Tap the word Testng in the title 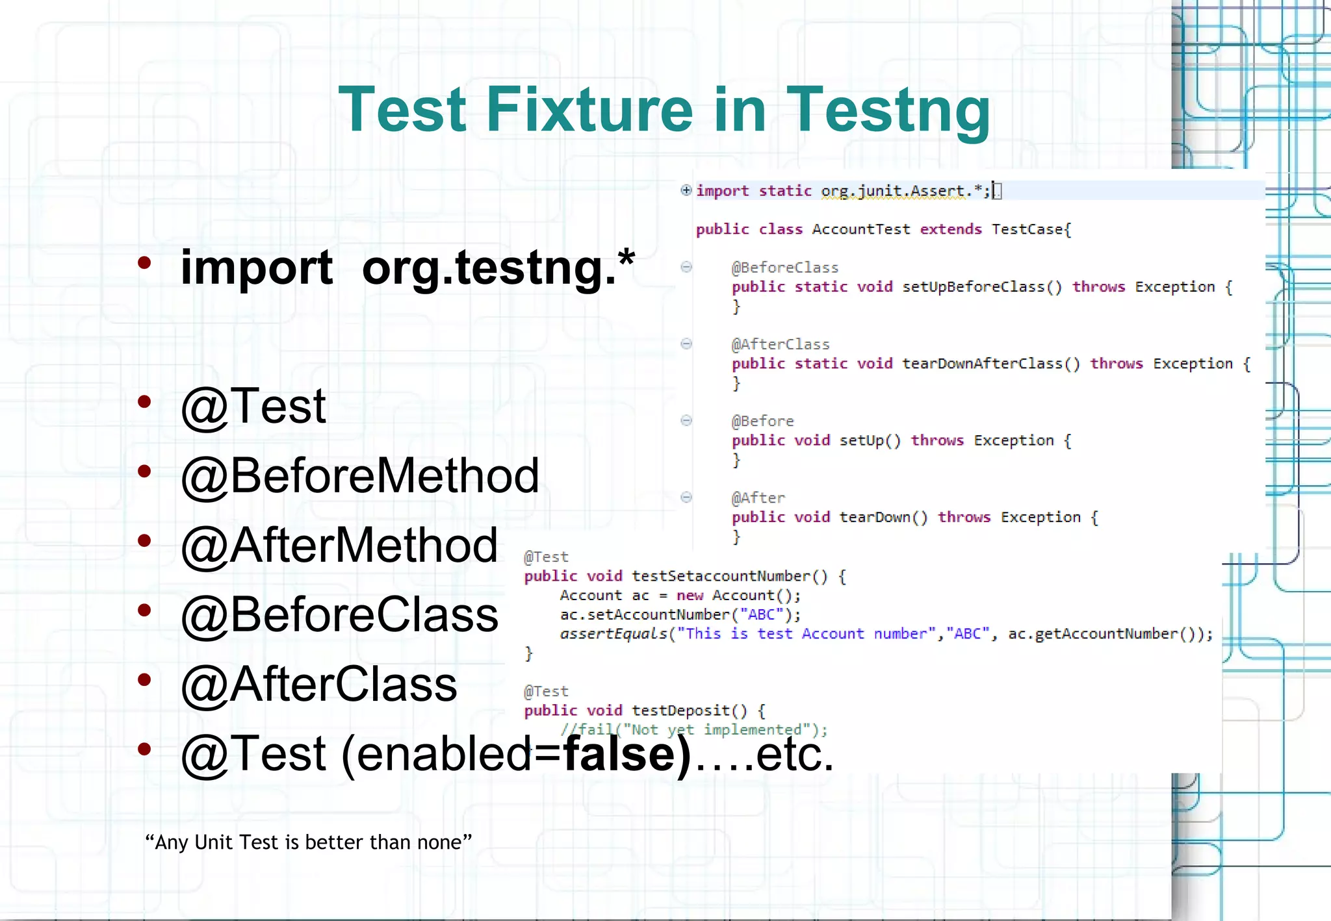pos(888,110)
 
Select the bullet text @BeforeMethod pos(360,475)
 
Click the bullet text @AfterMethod pos(339,545)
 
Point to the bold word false pos(627,753)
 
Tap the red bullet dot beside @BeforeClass pos(144,610)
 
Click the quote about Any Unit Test pos(308,842)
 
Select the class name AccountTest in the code pos(860,229)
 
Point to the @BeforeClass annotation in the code pos(784,268)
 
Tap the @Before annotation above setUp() pos(762,421)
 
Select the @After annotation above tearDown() pos(758,498)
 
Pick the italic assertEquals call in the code pos(613,634)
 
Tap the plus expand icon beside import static pos(686,190)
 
